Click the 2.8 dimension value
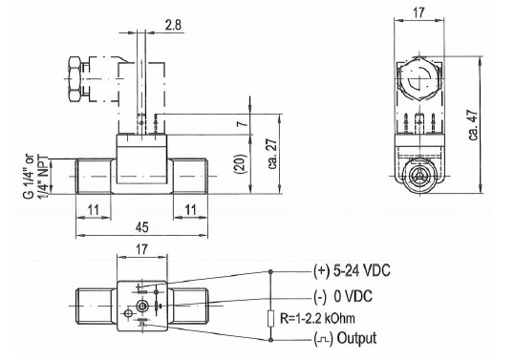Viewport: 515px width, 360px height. pyautogui.click(x=173, y=25)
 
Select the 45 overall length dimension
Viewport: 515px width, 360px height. pyautogui.click(x=141, y=227)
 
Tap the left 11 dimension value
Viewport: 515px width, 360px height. pyautogui.click(x=94, y=210)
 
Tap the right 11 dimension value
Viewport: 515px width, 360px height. pyautogui.click(x=190, y=210)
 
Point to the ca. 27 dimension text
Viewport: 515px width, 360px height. pyautogui.click(x=272, y=154)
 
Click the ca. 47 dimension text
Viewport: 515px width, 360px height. pyautogui.click(x=473, y=125)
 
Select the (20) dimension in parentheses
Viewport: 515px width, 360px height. pyautogui.click(x=240, y=163)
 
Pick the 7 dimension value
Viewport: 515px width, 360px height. pyautogui.click(x=242, y=124)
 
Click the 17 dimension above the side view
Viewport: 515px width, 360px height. pyautogui.click(x=418, y=12)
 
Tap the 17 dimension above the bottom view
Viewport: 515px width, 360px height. pyautogui.click(x=141, y=249)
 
